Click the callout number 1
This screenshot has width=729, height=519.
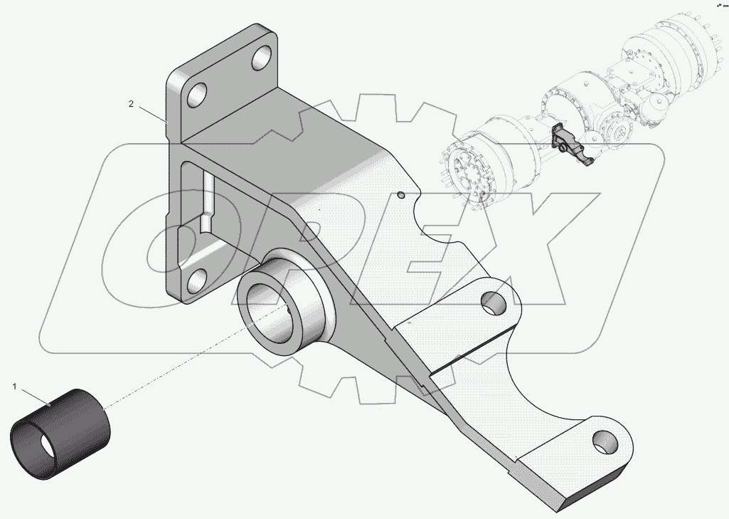click(14, 387)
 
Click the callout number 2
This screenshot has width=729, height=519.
click(131, 104)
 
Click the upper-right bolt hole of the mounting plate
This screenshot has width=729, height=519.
click(262, 56)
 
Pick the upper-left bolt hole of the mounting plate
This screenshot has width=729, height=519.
click(197, 94)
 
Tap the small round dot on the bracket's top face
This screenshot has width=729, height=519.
click(401, 194)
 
